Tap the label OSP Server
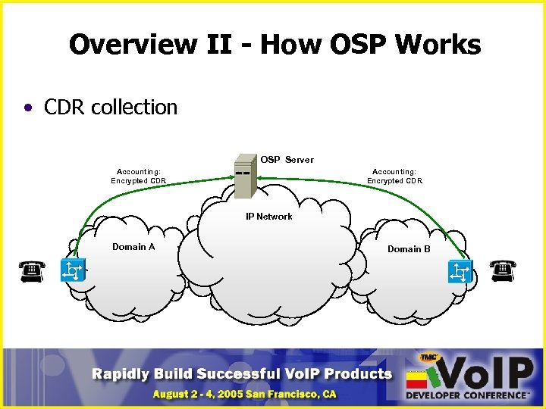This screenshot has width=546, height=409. tap(287, 160)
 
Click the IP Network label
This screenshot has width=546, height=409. tap(268, 217)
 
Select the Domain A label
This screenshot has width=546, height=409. tap(133, 247)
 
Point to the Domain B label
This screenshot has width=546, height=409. tap(409, 249)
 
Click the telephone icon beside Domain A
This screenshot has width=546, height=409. tap(31, 270)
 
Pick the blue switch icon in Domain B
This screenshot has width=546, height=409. tap(460, 271)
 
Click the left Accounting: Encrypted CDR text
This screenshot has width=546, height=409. tap(138, 176)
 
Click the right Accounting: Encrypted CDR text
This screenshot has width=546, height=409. tap(394, 176)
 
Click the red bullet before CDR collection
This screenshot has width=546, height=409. tap(28, 108)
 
